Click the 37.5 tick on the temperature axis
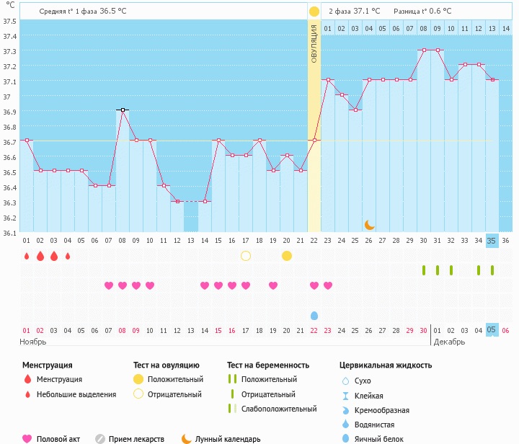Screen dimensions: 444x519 click(9, 21)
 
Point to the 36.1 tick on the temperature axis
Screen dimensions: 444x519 click(9, 233)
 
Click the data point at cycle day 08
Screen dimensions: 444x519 click(123, 110)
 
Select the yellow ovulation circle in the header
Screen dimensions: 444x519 click(314, 12)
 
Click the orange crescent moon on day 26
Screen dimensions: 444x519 click(369, 225)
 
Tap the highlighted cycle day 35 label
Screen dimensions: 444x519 click(492, 241)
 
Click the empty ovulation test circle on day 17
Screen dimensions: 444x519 click(246, 256)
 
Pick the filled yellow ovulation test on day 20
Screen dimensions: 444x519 click(287, 256)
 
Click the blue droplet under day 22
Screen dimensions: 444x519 click(314, 316)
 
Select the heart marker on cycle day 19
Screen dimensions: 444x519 click(273, 285)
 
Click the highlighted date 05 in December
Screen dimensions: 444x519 click(492, 329)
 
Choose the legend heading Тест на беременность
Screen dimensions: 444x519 click(268, 365)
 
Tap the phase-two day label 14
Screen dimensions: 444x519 click(506, 28)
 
